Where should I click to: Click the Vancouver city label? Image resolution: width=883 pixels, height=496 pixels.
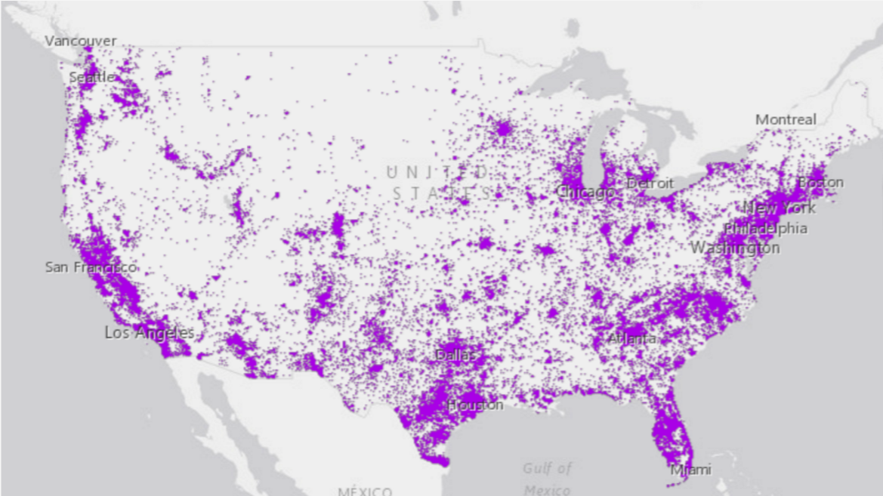pos(81,41)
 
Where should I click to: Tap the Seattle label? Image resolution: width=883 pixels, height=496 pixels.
pos(91,77)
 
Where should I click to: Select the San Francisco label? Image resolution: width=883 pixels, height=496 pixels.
pos(91,267)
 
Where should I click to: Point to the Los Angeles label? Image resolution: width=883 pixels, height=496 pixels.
pos(149,332)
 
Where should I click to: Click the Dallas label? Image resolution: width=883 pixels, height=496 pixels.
pos(456,354)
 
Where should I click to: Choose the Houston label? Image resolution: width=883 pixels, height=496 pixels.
pos(474,405)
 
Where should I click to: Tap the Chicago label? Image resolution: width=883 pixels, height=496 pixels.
pos(585,193)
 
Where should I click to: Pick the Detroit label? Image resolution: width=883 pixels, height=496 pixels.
pos(650,183)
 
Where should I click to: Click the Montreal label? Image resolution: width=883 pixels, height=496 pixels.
pos(786,119)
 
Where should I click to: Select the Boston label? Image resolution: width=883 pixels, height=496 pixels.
pos(821,183)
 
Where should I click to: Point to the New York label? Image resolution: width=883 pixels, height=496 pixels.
pos(780,208)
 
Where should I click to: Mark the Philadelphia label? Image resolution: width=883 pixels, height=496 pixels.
pos(765,228)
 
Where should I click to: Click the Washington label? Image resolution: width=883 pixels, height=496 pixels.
pos(735,248)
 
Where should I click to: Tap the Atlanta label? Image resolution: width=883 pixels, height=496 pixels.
pos(631,338)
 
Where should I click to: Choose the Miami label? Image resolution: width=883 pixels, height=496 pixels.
pos(690,470)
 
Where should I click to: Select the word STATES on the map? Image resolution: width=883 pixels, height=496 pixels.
pos(441,193)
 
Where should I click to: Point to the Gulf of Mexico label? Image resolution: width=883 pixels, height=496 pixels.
pos(547,479)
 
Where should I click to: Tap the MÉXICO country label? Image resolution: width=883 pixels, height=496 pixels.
pos(365,491)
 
